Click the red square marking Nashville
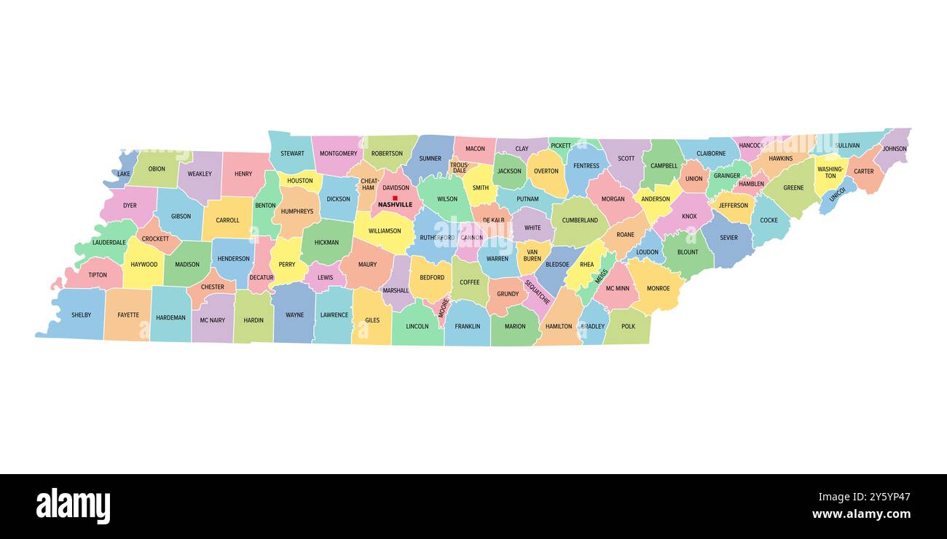tap(395, 198)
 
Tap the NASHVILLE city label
tap(395, 205)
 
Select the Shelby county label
tap(81, 315)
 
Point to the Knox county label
tap(689, 217)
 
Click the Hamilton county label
tap(559, 326)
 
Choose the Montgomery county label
tap(339, 154)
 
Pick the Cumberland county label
tap(580, 220)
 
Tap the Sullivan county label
tap(847, 145)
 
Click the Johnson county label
tap(895, 149)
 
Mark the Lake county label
tap(124, 174)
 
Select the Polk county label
tap(628, 326)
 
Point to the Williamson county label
tap(385, 231)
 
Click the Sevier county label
tap(728, 238)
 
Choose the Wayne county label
tap(294, 315)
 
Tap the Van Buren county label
tap(533, 255)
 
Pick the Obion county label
tap(157, 169)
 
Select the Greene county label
tap(793, 188)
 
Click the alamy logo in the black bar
tap(73, 506)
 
